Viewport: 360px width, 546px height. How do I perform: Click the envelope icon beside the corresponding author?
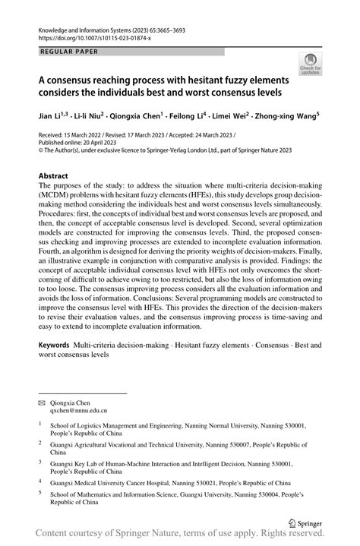click(x=43, y=398)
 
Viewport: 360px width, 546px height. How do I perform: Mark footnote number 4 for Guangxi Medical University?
click(x=40, y=481)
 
